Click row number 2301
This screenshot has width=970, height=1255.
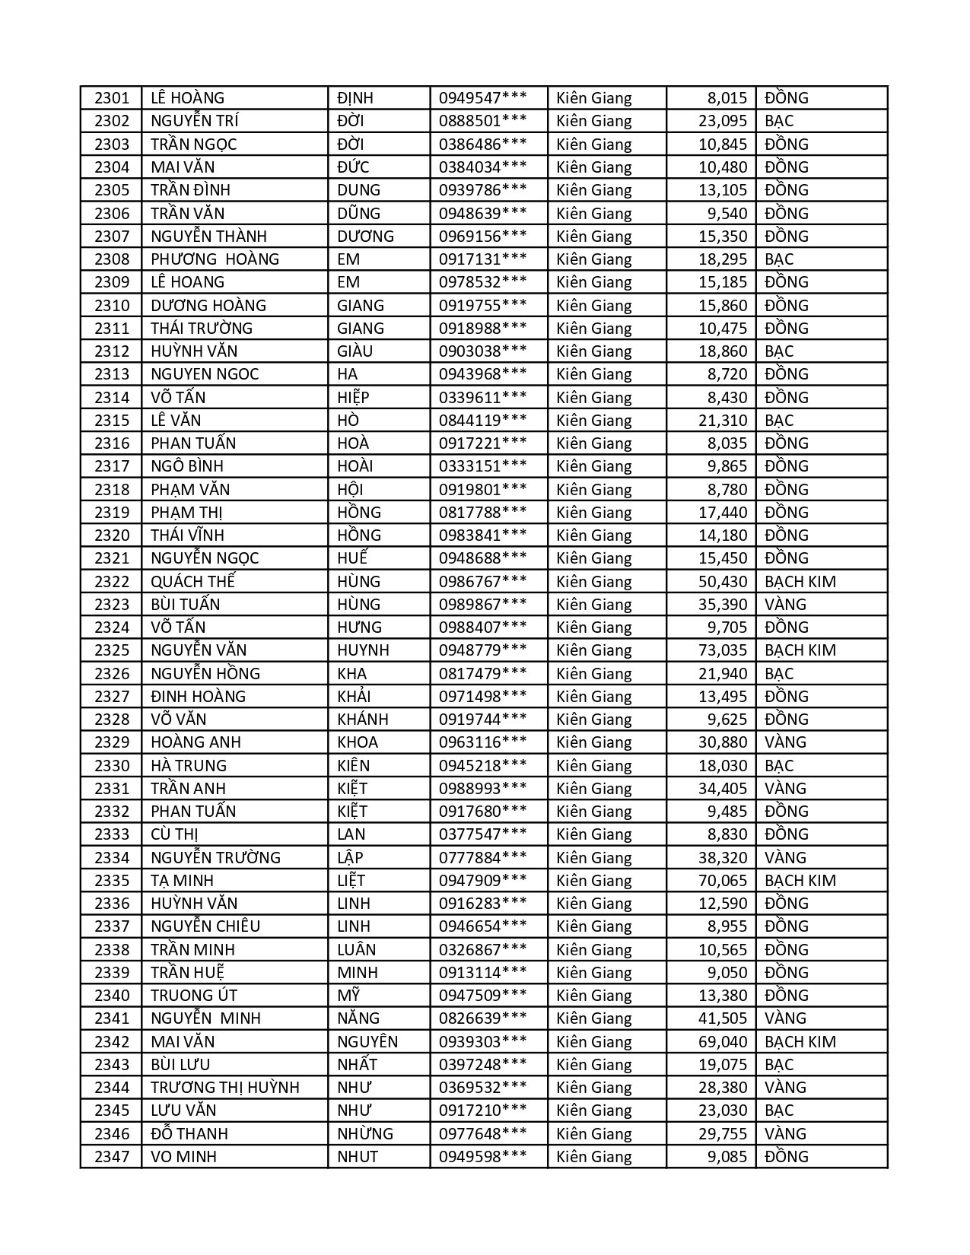click(112, 98)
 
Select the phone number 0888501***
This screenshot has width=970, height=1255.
click(482, 121)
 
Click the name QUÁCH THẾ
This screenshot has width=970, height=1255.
click(192, 582)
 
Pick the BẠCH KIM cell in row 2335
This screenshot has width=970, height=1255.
click(800, 881)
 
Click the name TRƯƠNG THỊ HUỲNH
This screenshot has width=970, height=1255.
click(225, 1088)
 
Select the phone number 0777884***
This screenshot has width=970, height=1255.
click(482, 858)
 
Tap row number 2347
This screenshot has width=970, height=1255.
click(112, 1157)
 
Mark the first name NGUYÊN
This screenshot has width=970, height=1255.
click(367, 1042)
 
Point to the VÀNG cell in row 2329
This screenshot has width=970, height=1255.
click(785, 742)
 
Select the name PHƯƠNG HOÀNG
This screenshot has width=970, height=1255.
click(215, 259)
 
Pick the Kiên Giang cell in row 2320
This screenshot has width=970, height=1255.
click(594, 535)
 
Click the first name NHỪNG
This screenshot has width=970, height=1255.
click(365, 1134)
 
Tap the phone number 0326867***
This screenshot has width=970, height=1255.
click(482, 950)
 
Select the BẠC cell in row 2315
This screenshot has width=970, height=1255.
click(778, 421)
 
